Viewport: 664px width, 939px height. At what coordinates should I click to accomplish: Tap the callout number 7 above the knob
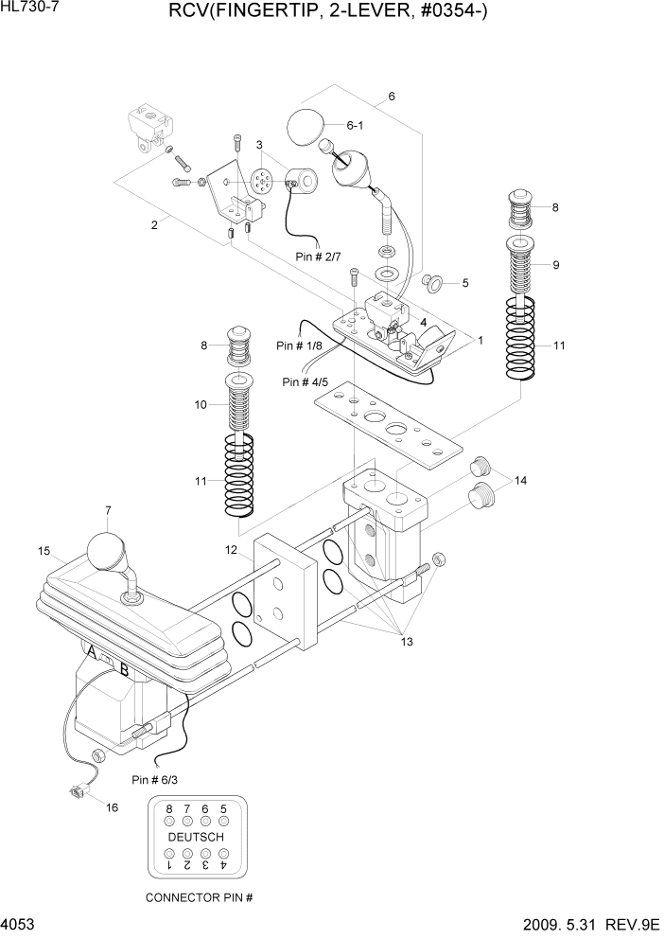[x=108, y=511]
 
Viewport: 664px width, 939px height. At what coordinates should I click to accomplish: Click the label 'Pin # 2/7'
[x=317, y=256]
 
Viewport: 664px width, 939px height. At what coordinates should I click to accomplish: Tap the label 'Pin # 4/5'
[x=305, y=381]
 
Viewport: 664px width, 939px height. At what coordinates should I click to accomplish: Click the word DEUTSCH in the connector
[x=196, y=838]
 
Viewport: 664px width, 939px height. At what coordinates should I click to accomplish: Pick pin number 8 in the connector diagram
[x=169, y=809]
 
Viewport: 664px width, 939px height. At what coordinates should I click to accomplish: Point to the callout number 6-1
[x=356, y=124]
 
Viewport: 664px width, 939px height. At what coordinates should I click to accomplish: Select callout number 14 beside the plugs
[x=521, y=481]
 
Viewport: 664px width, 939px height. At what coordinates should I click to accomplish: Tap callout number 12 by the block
[x=231, y=550]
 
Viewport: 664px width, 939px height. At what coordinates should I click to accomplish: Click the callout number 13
[x=408, y=642]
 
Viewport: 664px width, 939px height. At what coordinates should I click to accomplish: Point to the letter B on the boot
[x=124, y=670]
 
